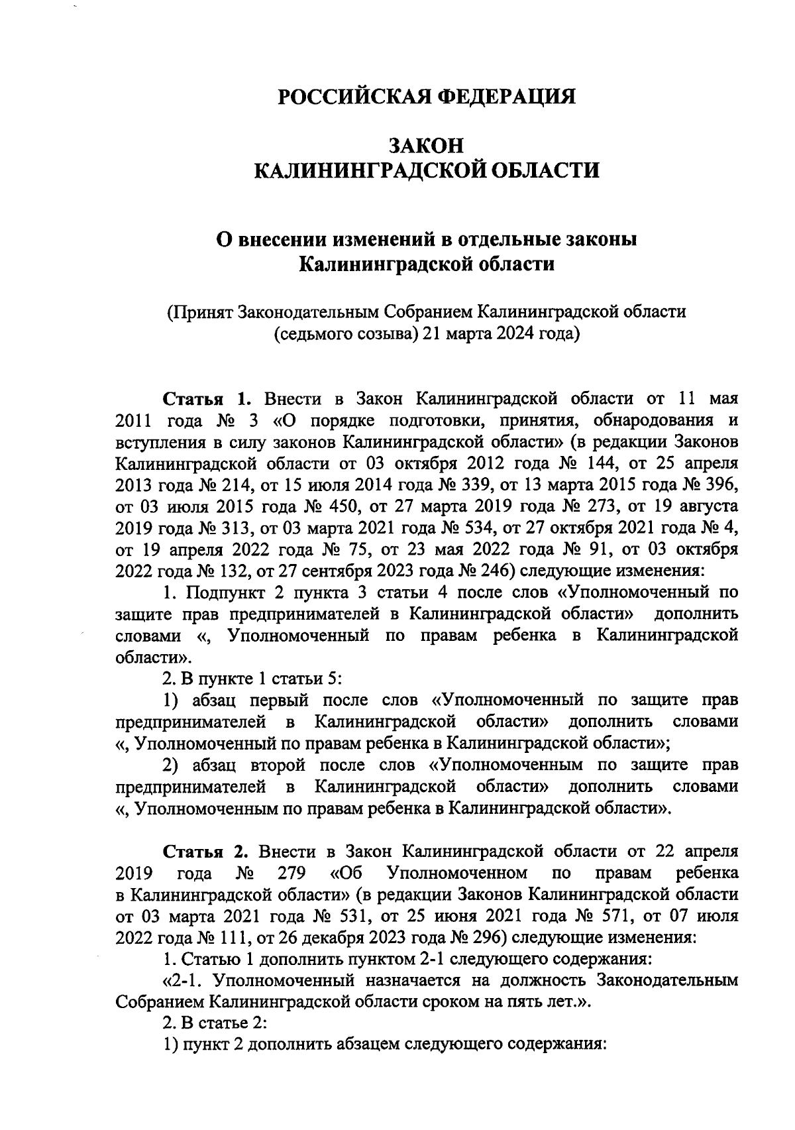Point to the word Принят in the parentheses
coord(203,311)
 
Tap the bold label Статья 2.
coord(205,851)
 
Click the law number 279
coord(290,873)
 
